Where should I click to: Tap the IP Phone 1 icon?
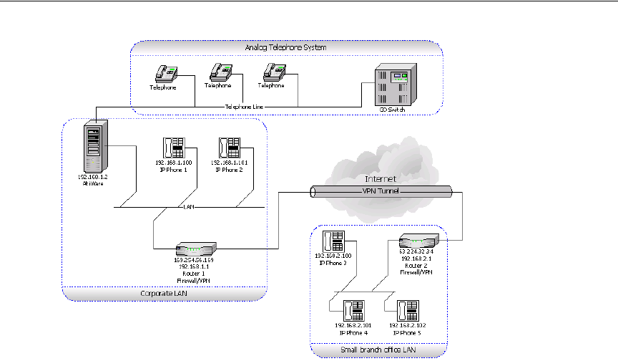175,148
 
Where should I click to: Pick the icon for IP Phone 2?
230,148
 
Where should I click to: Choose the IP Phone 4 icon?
353,310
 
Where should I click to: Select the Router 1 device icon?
194,249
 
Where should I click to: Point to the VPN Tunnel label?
382,192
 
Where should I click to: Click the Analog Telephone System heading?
286,47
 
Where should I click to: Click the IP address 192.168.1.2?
94,175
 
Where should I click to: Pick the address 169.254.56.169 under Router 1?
194,259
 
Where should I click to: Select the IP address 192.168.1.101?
230,163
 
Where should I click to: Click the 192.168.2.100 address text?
334,255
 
